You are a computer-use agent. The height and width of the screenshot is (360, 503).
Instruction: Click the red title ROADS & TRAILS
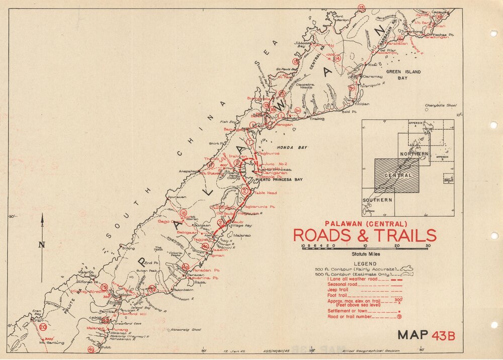365,235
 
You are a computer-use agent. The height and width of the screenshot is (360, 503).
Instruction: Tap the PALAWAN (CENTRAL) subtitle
365,224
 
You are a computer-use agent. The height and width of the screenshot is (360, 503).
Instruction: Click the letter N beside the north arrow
42,245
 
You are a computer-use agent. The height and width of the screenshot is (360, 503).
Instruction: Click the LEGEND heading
365,263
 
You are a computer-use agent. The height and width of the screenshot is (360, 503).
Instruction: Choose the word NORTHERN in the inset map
414,153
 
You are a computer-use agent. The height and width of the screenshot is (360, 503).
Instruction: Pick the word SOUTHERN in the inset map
378,200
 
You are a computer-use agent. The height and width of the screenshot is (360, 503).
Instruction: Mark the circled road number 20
43,327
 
